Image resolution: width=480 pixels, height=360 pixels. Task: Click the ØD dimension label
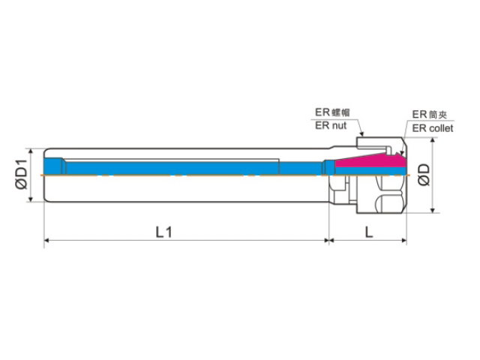tap(424, 175)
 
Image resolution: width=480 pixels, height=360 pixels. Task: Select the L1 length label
tap(163, 232)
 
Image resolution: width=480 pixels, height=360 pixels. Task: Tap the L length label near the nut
tap(369, 232)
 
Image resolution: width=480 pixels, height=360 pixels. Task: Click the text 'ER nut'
tap(331, 125)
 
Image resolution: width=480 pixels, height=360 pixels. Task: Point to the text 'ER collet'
tap(433, 128)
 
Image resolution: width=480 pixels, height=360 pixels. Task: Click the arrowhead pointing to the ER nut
tap(361, 133)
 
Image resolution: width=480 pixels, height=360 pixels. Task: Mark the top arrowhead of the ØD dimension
tap(433, 140)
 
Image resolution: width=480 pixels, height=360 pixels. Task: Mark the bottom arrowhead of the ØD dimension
tap(433, 210)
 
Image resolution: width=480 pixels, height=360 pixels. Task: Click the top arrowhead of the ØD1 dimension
tap(30, 151)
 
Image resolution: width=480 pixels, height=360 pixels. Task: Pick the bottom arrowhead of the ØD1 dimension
tap(30, 199)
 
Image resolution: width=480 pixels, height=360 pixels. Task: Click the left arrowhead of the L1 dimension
tap(47, 240)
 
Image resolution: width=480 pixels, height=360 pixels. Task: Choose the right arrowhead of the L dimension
tap(403, 240)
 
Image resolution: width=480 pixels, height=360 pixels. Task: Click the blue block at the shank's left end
tap(54, 166)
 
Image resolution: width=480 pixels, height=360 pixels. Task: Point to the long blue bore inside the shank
tap(172, 168)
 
